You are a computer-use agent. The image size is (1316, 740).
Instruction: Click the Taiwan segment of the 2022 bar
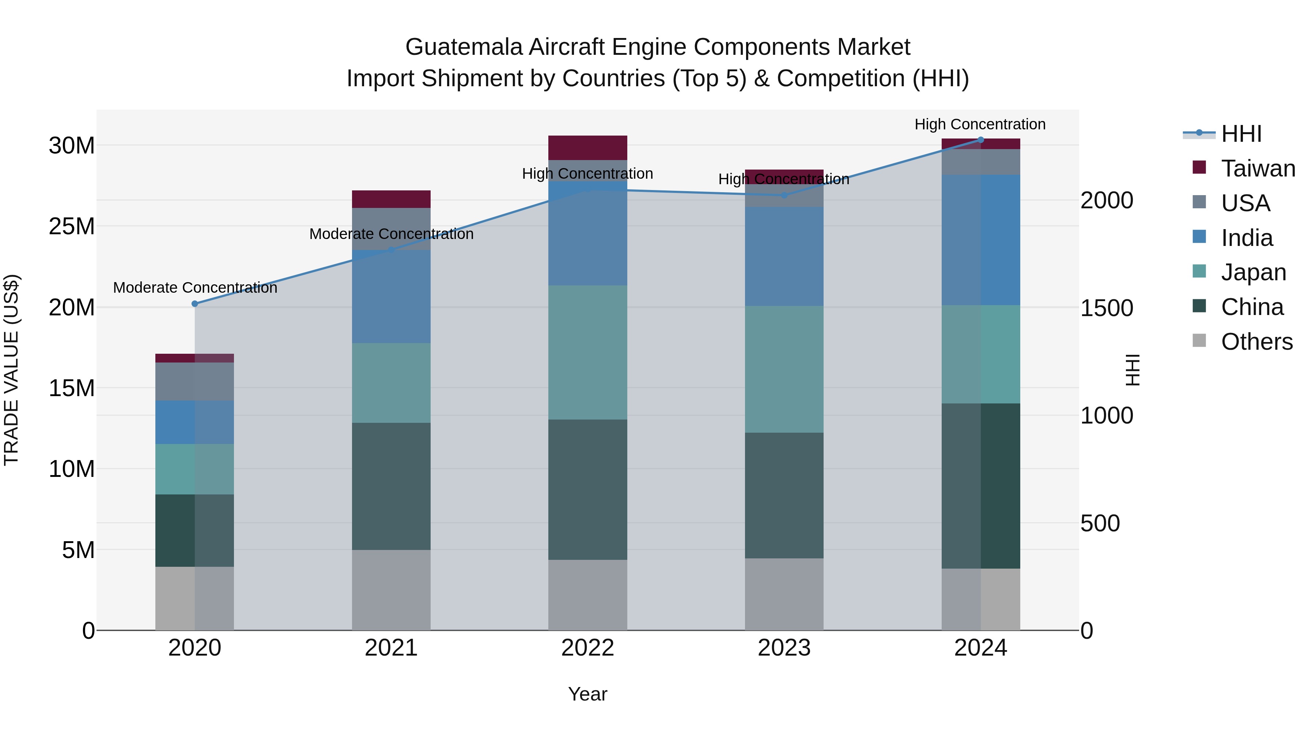tap(587, 148)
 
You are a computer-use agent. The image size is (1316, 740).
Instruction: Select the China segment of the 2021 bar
tap(391, 486)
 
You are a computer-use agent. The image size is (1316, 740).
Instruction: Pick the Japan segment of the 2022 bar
tap(587, 352)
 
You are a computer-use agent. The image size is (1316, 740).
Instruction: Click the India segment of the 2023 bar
tap(784, 257)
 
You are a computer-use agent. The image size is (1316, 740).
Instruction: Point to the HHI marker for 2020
tap(194, 304)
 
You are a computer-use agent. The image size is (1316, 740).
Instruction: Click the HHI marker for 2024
tap(980, 140)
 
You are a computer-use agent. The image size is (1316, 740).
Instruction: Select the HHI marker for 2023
tap(784, 195)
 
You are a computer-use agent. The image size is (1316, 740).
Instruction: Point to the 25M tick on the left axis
tap(72, 226)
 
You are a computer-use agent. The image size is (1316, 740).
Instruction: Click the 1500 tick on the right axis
tap(1107, 308)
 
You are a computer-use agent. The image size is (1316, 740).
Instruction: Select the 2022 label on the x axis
tap(587, 648)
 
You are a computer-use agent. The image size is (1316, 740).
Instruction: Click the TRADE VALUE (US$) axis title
tap(11, 370)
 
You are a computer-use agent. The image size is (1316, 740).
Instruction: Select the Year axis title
tap(587, 694)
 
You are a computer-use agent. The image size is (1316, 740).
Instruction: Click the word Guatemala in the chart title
tap(464, 47)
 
